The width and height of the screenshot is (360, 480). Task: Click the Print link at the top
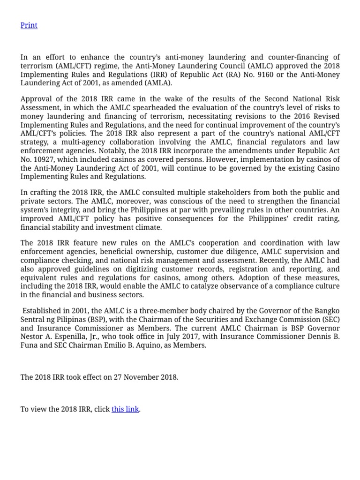(29, 25)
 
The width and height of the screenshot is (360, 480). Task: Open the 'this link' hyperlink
(125, 409)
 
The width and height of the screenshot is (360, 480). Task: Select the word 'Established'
(43, 311)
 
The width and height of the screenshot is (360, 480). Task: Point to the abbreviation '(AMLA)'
(157, 83)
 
